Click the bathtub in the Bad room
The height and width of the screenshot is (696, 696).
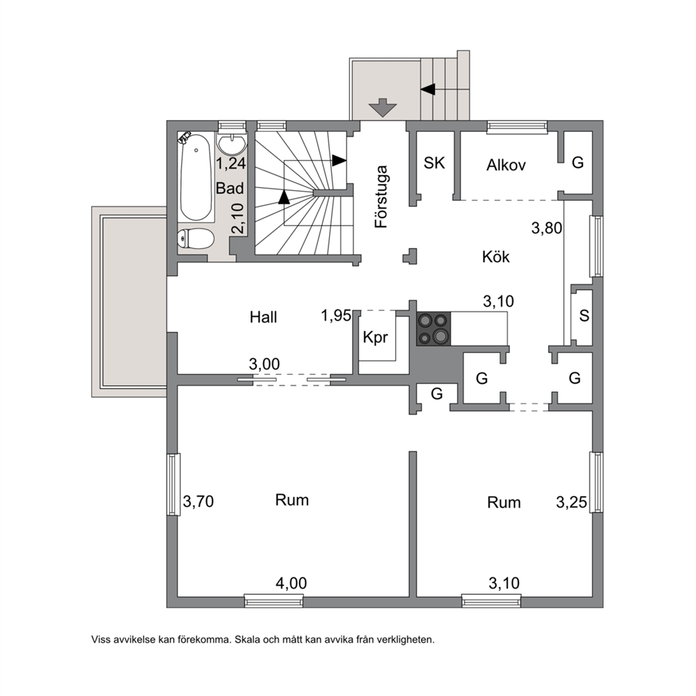point(196,177)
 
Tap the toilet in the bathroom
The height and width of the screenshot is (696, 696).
point(196,239)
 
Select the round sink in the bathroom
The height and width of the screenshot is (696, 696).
point(232,143)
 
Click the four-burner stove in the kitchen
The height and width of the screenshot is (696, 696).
point(433,328)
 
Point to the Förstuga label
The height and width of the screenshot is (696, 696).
point(381,196)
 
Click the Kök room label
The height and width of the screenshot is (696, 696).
point(496,257)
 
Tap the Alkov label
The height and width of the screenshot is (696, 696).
point(506,165)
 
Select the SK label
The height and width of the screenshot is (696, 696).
point(434,163)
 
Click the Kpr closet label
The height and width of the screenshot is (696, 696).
point(375,337)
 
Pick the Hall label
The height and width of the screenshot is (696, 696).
point(263,317)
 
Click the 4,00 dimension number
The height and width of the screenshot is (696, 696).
point(291,583)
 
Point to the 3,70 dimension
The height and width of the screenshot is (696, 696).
point(199,502)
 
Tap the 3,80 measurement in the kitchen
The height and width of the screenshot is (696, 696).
point(547,228)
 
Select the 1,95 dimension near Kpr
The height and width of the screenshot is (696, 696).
point(336,316)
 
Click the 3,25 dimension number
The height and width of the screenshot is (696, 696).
point(572,502)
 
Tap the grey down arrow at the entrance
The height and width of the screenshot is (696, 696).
point(382,107)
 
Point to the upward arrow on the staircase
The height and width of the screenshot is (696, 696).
point(284,197)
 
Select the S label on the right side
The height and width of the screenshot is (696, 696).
point(584,316)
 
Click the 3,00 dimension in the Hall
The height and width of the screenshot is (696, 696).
point(265,364)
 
